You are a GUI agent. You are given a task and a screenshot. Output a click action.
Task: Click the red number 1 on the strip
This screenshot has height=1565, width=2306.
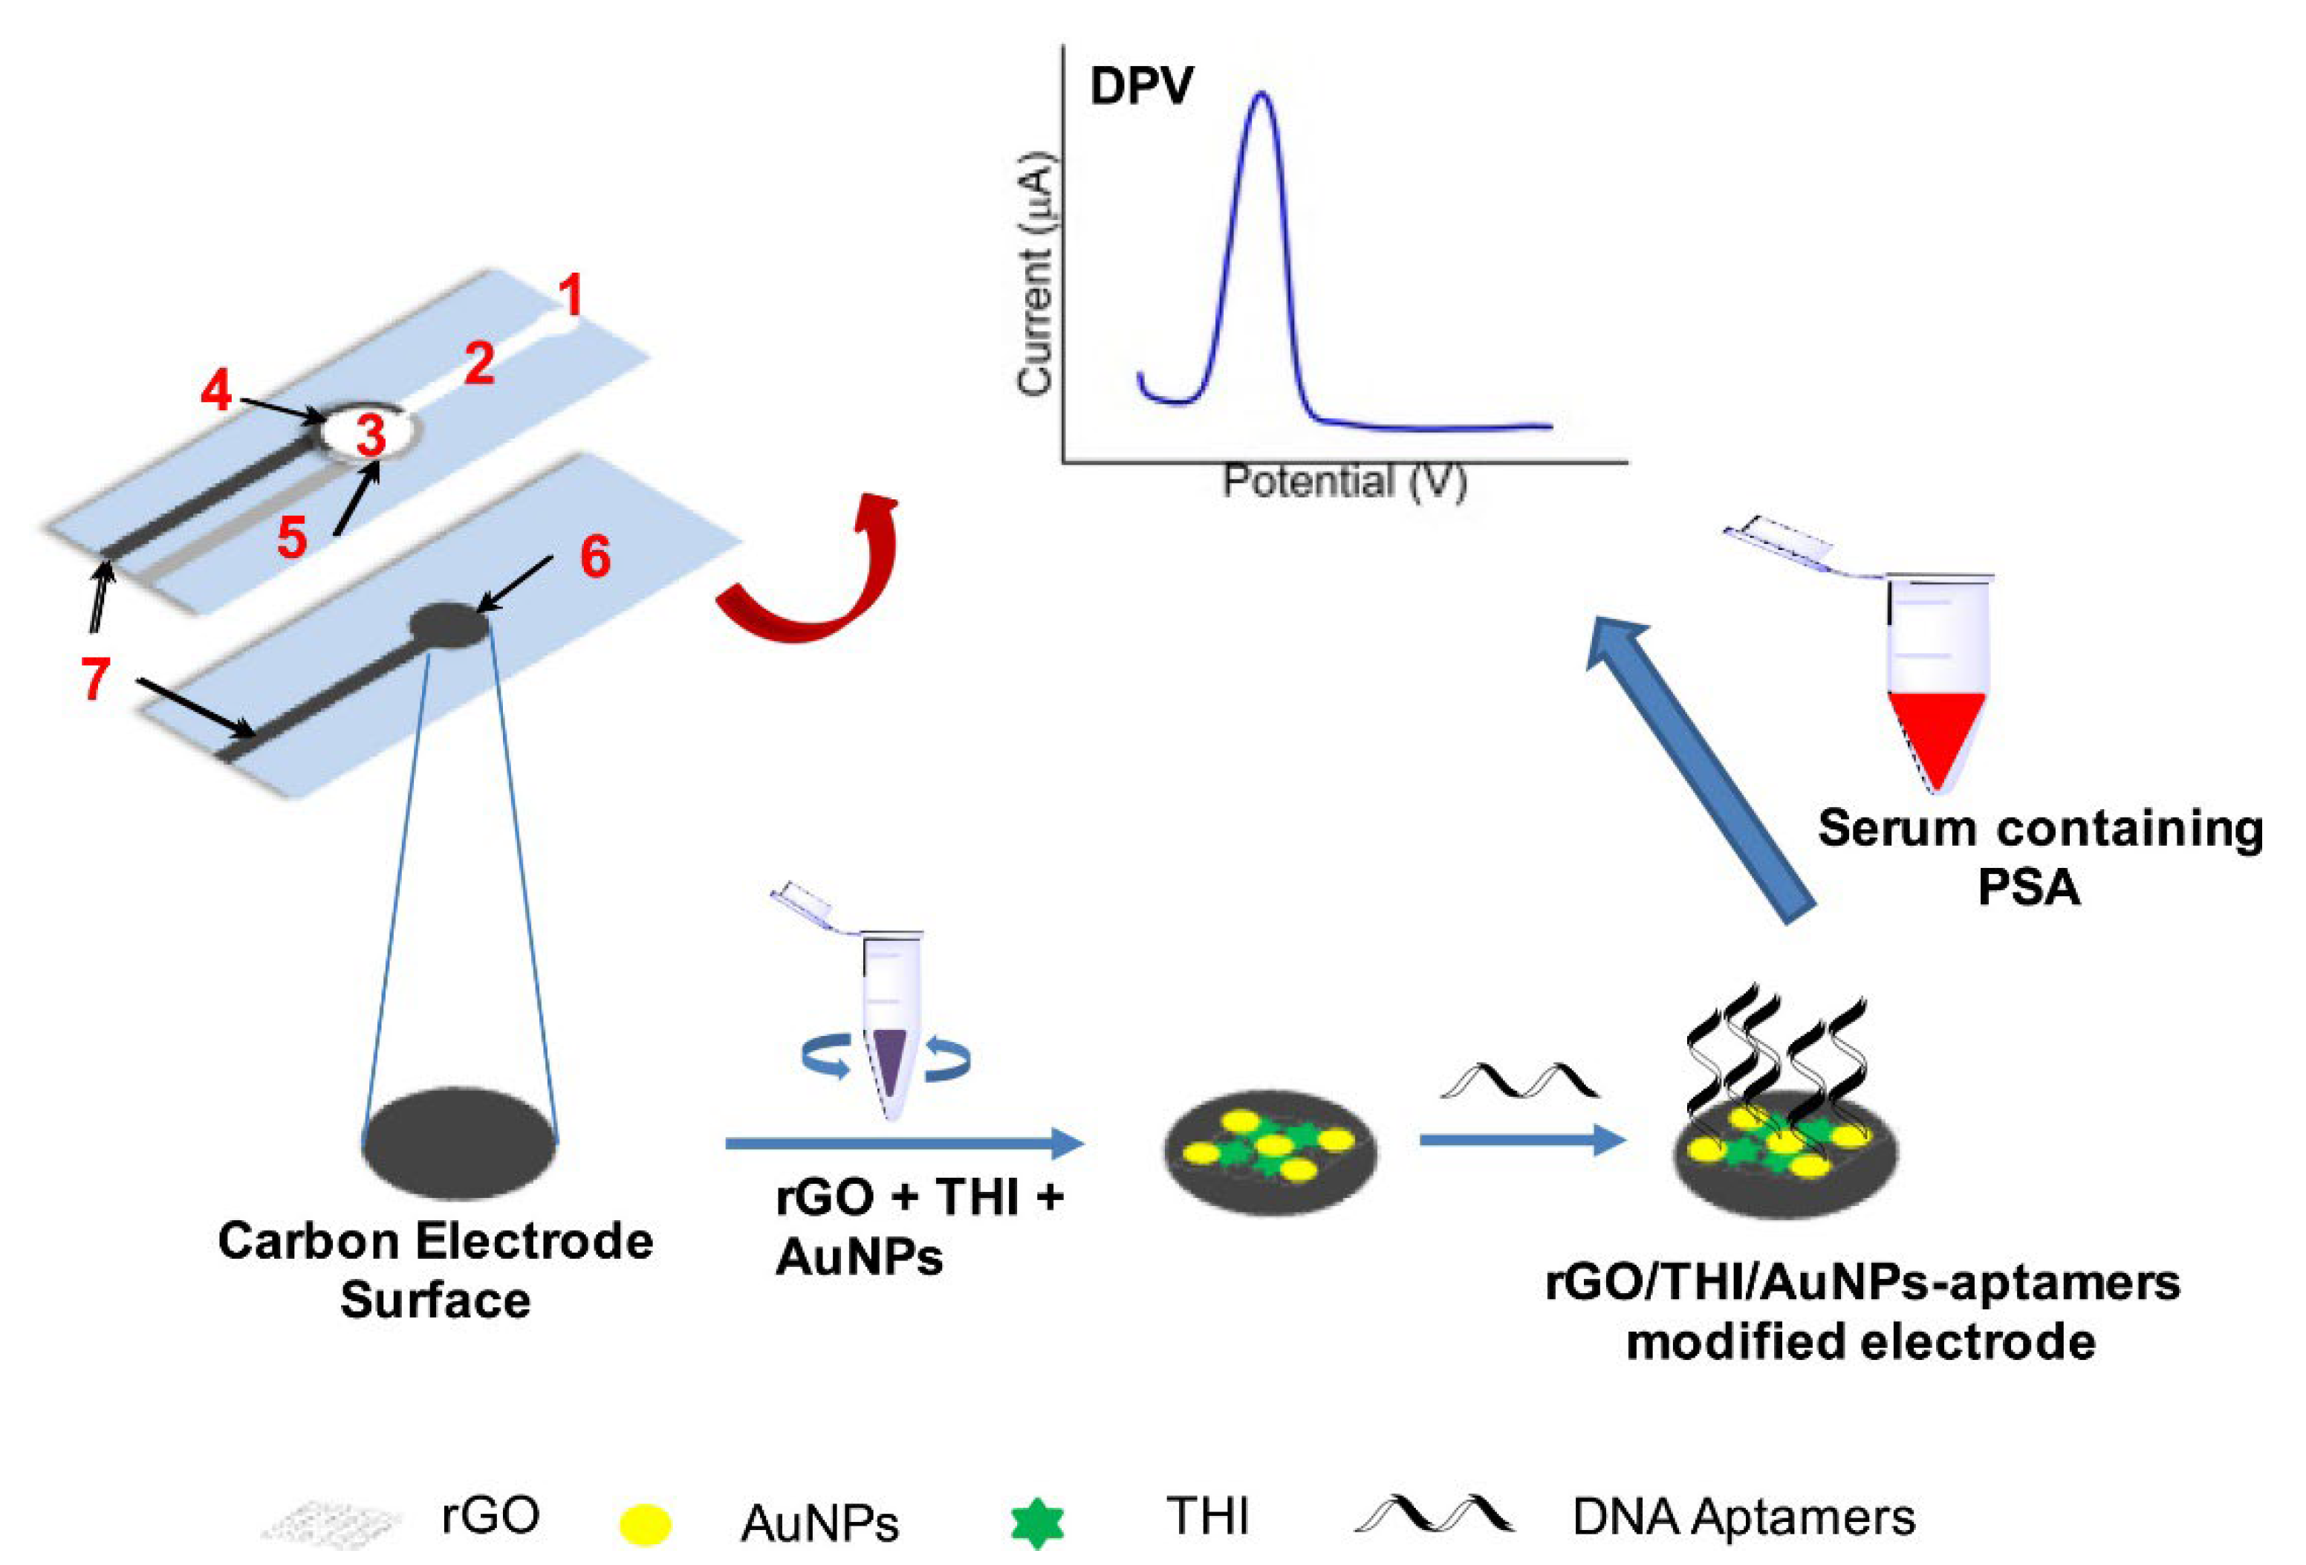click(570, 296)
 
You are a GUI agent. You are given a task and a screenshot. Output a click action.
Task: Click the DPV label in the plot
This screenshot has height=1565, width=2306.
click(1141, 86)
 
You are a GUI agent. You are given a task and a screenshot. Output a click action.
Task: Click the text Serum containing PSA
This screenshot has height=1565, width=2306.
click(2039, 855)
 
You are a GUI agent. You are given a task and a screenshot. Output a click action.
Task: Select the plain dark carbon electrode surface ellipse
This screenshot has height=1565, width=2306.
click(459, 1145)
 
